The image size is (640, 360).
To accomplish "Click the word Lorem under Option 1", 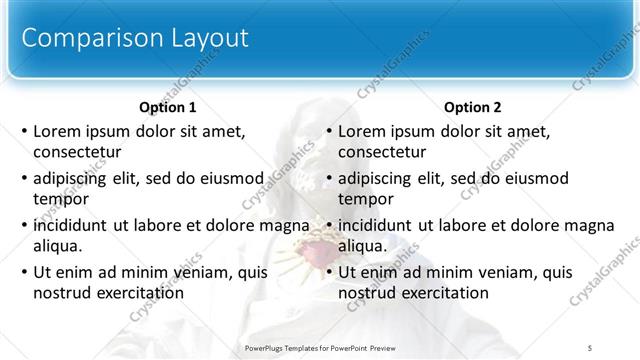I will [55, 131].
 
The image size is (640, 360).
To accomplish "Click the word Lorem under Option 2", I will [360, 131].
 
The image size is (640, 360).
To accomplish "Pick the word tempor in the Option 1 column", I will [57, 199].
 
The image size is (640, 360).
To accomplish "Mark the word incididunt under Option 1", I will [71, 225].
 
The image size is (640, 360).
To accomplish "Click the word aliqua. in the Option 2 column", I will [363, 246].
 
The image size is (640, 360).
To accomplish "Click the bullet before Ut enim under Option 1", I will [24, 272].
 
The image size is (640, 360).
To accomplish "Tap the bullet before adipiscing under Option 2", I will [329, 178].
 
